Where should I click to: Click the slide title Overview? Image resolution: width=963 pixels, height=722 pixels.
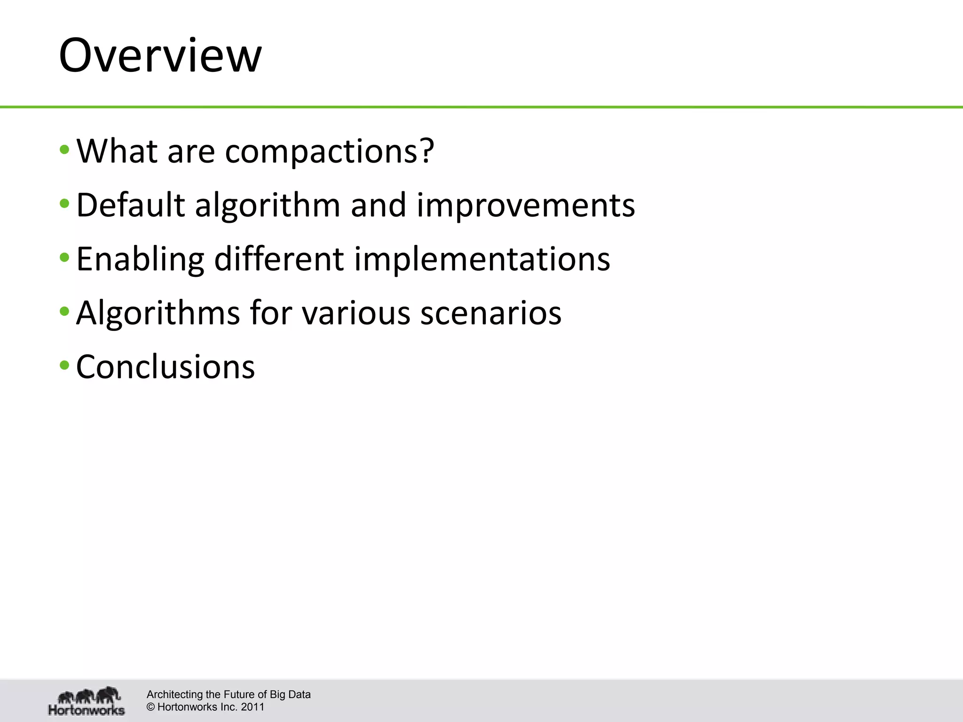coord(160,56)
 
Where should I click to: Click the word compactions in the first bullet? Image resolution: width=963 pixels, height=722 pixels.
coord(329,151)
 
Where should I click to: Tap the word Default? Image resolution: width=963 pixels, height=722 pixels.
coord(130,205)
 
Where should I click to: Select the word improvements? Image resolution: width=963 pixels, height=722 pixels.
coord(526,206)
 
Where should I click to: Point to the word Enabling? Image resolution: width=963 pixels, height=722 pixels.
coord(140,259)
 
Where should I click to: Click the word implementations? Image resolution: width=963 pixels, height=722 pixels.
coord(481,259)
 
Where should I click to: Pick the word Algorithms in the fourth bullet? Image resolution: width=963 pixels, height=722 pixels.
coord(158,313)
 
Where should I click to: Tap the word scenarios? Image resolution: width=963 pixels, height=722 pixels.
coord(490,313)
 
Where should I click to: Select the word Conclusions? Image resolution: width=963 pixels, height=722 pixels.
coord(165,367)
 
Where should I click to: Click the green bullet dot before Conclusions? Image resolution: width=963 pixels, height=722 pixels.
coord(65,365)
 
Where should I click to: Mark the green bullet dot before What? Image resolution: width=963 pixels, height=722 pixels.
coord(65,150)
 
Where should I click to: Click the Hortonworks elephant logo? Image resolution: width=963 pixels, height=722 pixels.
coord(87,700)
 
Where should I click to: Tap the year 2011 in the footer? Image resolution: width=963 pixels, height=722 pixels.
coord(253,707)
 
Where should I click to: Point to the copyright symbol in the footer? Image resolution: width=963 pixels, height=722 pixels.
coord(151,707)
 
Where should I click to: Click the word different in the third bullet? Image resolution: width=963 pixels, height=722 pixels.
coord(279,259)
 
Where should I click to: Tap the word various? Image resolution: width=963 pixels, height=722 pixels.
coord(356,313)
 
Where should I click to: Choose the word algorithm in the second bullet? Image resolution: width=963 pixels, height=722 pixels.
coord(267,206)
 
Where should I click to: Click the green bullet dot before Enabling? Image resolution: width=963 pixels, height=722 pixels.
coord(65,258)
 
